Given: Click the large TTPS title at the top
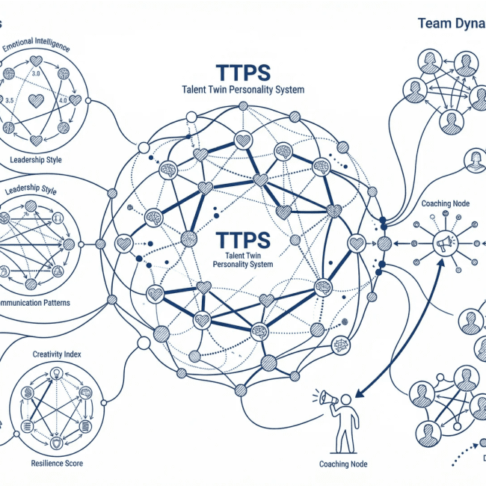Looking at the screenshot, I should click(242, 73).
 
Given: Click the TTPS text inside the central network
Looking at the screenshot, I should click(242, 241).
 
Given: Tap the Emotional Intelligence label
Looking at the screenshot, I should click(37, 47).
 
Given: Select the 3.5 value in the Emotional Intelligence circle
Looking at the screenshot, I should click(10, 99).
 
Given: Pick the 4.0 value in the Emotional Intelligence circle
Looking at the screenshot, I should click(64, 99).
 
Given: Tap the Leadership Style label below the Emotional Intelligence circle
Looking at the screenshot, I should click(36, 160).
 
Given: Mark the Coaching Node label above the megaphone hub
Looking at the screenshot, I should click(446, 203).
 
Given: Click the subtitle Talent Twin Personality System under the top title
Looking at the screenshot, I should click(242, 90).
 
